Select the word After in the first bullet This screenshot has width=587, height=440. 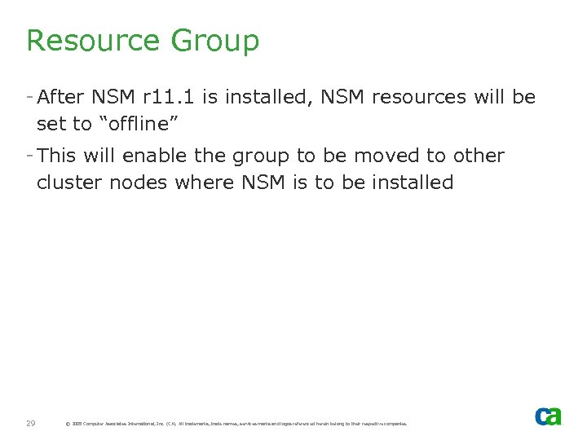pyautogui.click(x=61, y=98)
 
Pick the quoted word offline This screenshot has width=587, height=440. pyautogui.click(x=141, y=124)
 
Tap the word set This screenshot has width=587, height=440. pyautogui.click(x=51, y=124)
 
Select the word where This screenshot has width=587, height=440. pyautogui.click(x=205, y=182)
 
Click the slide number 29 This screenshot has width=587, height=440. pyautogui.click(x=30, y=423)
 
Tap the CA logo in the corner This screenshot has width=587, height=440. pyautogui.click(x=548, y=416)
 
